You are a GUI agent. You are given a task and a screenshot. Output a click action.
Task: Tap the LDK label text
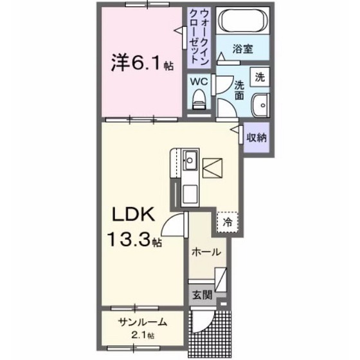134,214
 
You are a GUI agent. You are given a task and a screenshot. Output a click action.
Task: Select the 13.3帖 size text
134,240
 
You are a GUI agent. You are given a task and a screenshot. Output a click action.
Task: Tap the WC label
199,82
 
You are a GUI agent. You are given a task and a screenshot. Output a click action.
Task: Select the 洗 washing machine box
260,76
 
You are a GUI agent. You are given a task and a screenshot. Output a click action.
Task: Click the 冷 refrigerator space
227,221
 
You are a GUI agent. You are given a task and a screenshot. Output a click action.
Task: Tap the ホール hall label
206,251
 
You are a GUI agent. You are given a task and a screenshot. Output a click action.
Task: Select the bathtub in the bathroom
241,22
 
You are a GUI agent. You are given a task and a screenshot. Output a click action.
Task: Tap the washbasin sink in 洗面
260,104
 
